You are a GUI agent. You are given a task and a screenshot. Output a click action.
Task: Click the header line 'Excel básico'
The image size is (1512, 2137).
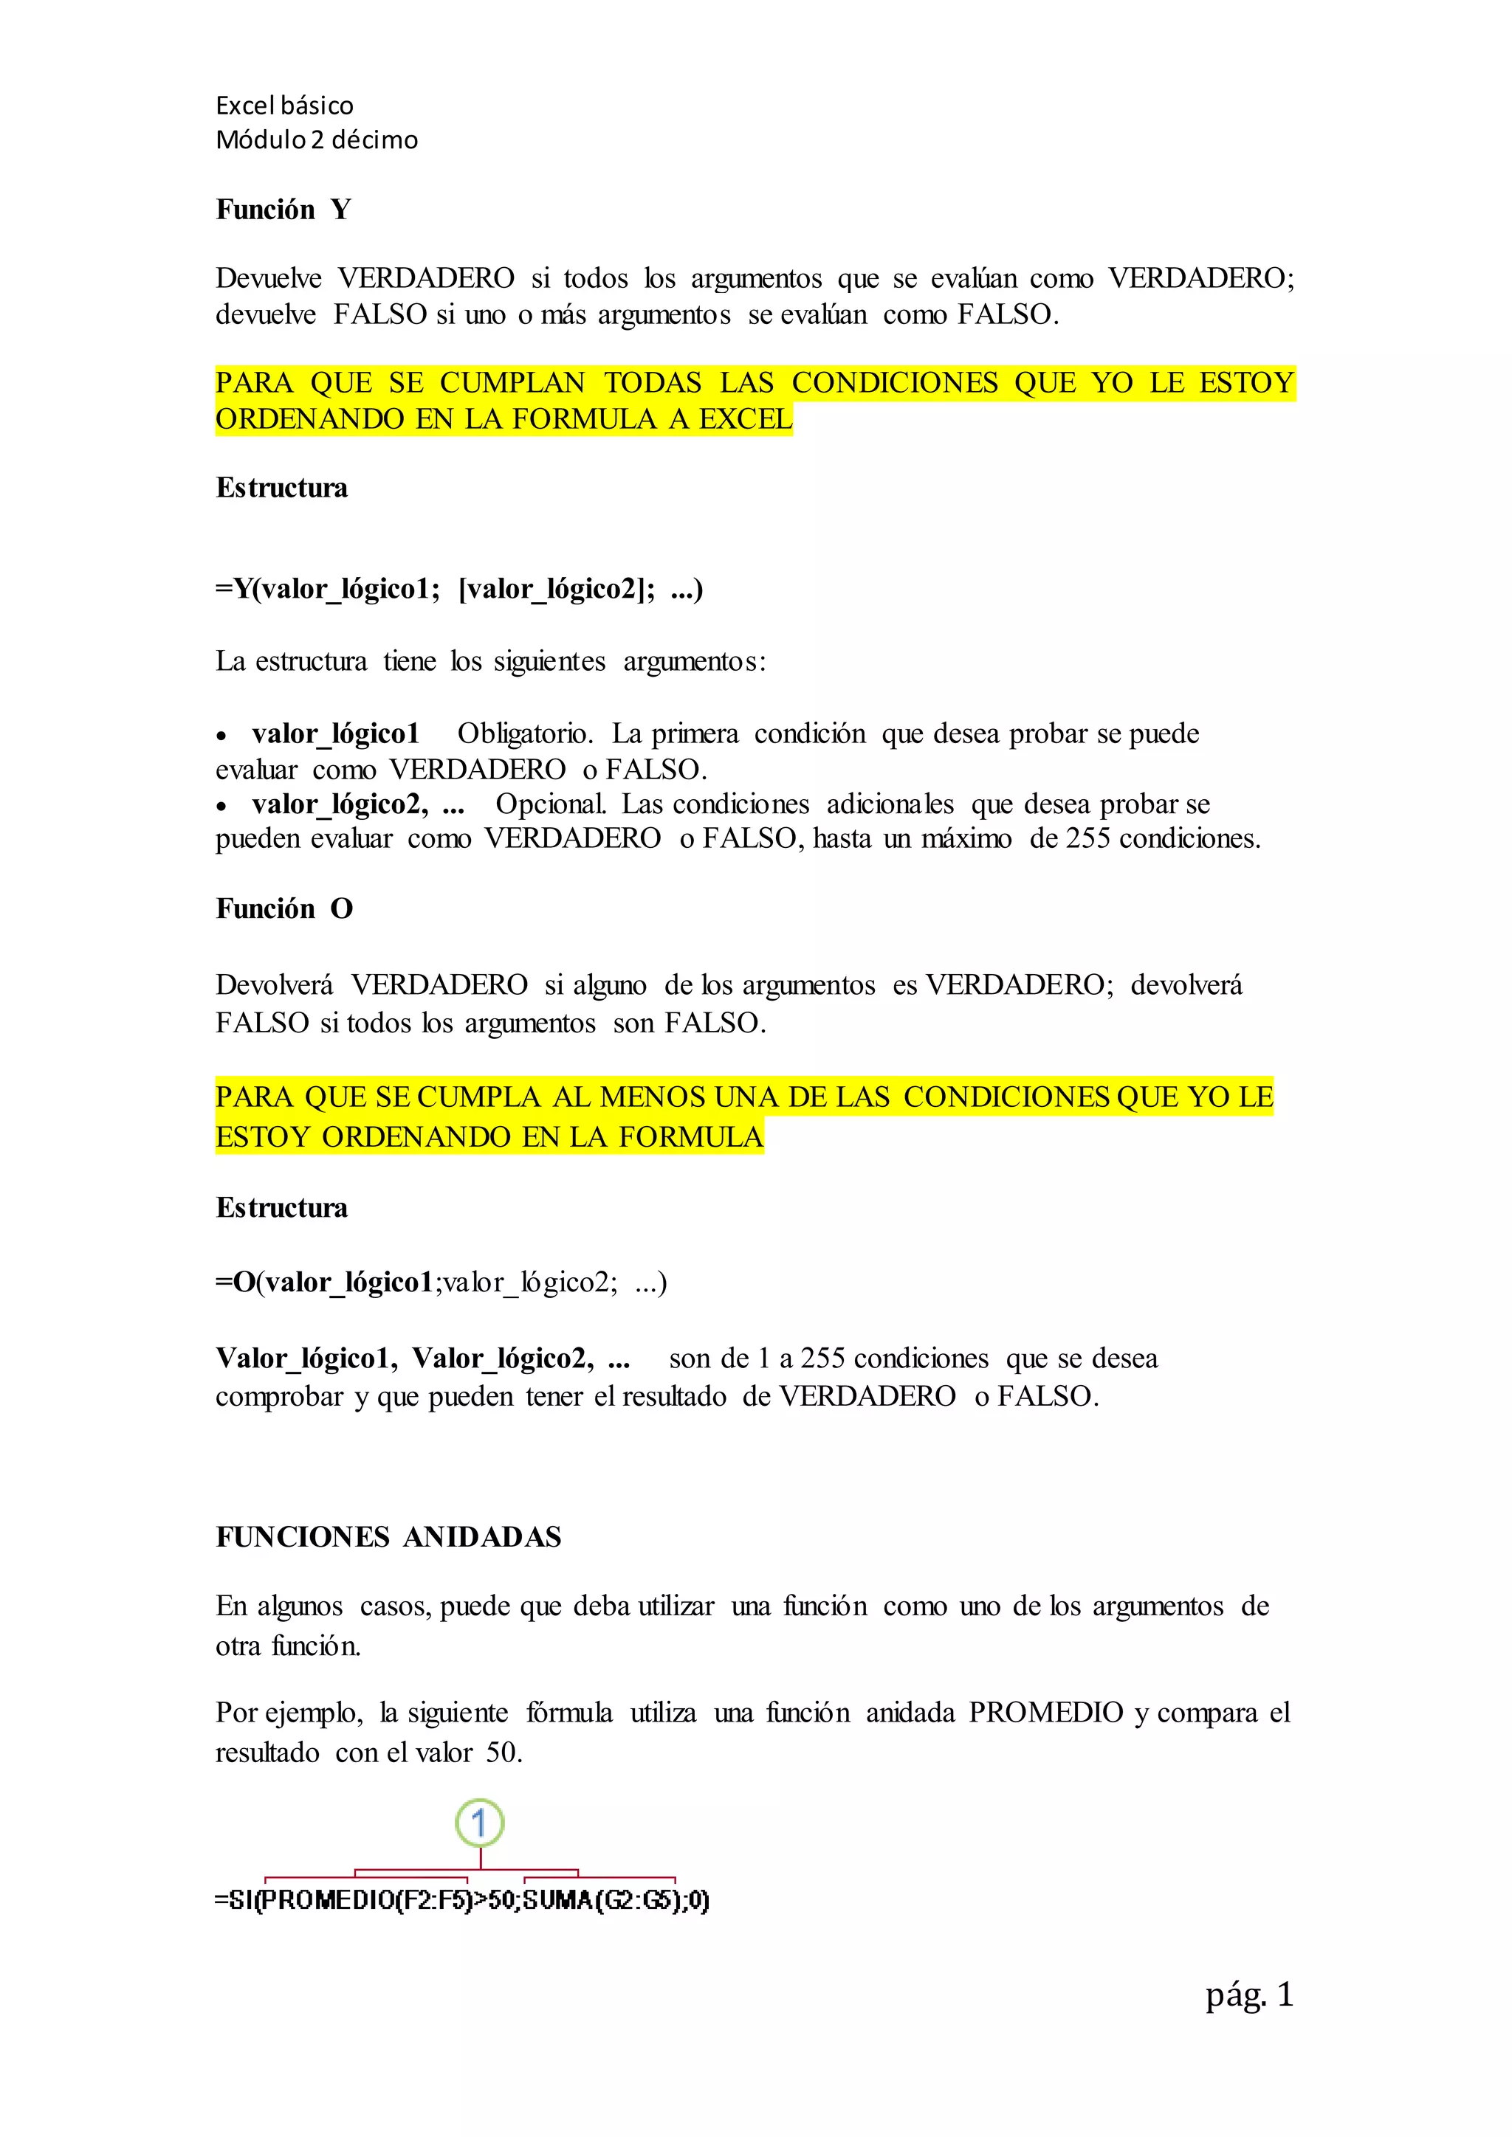(x=284, y=106)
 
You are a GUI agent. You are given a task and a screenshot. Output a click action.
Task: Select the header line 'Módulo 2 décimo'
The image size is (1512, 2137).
(x=317, y=139)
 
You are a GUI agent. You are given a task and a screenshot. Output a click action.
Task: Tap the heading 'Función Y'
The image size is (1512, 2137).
(x=283, y=210)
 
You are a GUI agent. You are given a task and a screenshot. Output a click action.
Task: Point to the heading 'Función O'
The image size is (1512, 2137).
(x=284, y=908)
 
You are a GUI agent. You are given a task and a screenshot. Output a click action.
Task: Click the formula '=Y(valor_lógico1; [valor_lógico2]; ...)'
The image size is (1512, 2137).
(x=459, y=589)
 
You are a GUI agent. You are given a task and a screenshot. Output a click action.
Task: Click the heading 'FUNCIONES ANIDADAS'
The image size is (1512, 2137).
(x=388, y=1536)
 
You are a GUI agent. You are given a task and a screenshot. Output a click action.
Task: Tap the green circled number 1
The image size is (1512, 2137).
(x=479, y=1823)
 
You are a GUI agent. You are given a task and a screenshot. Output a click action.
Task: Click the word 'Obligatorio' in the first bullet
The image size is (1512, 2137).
(x=524, y=733)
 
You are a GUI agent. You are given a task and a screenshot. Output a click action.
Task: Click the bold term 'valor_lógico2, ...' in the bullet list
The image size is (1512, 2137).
(x=357, y=804)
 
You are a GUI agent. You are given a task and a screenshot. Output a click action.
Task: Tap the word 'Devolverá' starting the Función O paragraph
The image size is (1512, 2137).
(x=274, y=984)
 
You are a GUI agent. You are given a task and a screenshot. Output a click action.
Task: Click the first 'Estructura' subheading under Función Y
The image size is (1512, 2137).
(x=281, y=488)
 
